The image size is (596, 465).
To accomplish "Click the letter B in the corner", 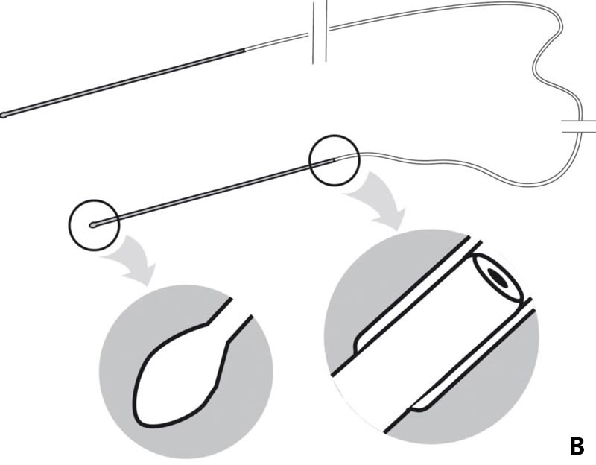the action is click(x=577, y=447).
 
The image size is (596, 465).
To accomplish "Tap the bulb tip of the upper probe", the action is click(x=3, y=115).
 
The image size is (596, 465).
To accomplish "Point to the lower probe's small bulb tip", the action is click(x=93, y=225).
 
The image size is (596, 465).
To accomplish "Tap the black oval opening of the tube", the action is click(x=498, y=277).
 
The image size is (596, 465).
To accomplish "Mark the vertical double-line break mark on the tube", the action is click(x=320, y=32).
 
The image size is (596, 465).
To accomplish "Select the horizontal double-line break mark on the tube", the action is click(x=579, y=127).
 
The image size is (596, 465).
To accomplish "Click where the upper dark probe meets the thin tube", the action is click(x=244, y=50).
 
